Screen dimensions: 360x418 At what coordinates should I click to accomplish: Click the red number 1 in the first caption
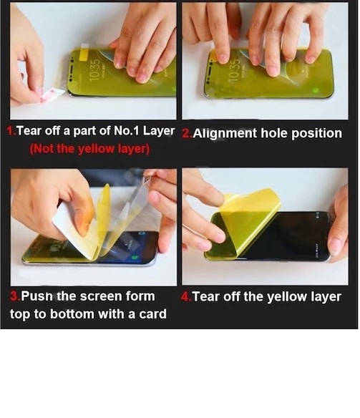point(11,131)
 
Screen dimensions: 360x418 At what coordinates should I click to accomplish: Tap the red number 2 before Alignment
point(186,133)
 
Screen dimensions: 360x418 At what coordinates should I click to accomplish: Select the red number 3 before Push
point(14,296)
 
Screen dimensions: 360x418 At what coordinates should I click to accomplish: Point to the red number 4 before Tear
point(185,297)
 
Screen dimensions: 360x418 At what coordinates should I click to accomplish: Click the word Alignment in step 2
point(224,134)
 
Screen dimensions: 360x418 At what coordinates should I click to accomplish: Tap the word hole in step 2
point(274,133)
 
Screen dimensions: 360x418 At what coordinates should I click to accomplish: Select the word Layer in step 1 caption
point(159,131)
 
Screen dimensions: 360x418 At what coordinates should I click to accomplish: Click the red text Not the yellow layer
point(89,149)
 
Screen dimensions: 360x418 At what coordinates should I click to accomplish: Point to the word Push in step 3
point(37,296)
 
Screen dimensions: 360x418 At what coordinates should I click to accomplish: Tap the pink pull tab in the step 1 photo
point(52,94)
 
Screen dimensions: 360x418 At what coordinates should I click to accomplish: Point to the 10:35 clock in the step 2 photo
point(234,70)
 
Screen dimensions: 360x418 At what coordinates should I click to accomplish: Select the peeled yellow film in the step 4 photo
point(246,221)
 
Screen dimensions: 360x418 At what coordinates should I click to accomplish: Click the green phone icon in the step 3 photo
point(135,258)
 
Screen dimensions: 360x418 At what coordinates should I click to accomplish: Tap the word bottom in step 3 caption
point(73,314)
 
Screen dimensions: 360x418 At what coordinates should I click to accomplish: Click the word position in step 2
point(316,134)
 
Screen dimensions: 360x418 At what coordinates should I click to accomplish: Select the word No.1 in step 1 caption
point(127,130)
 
